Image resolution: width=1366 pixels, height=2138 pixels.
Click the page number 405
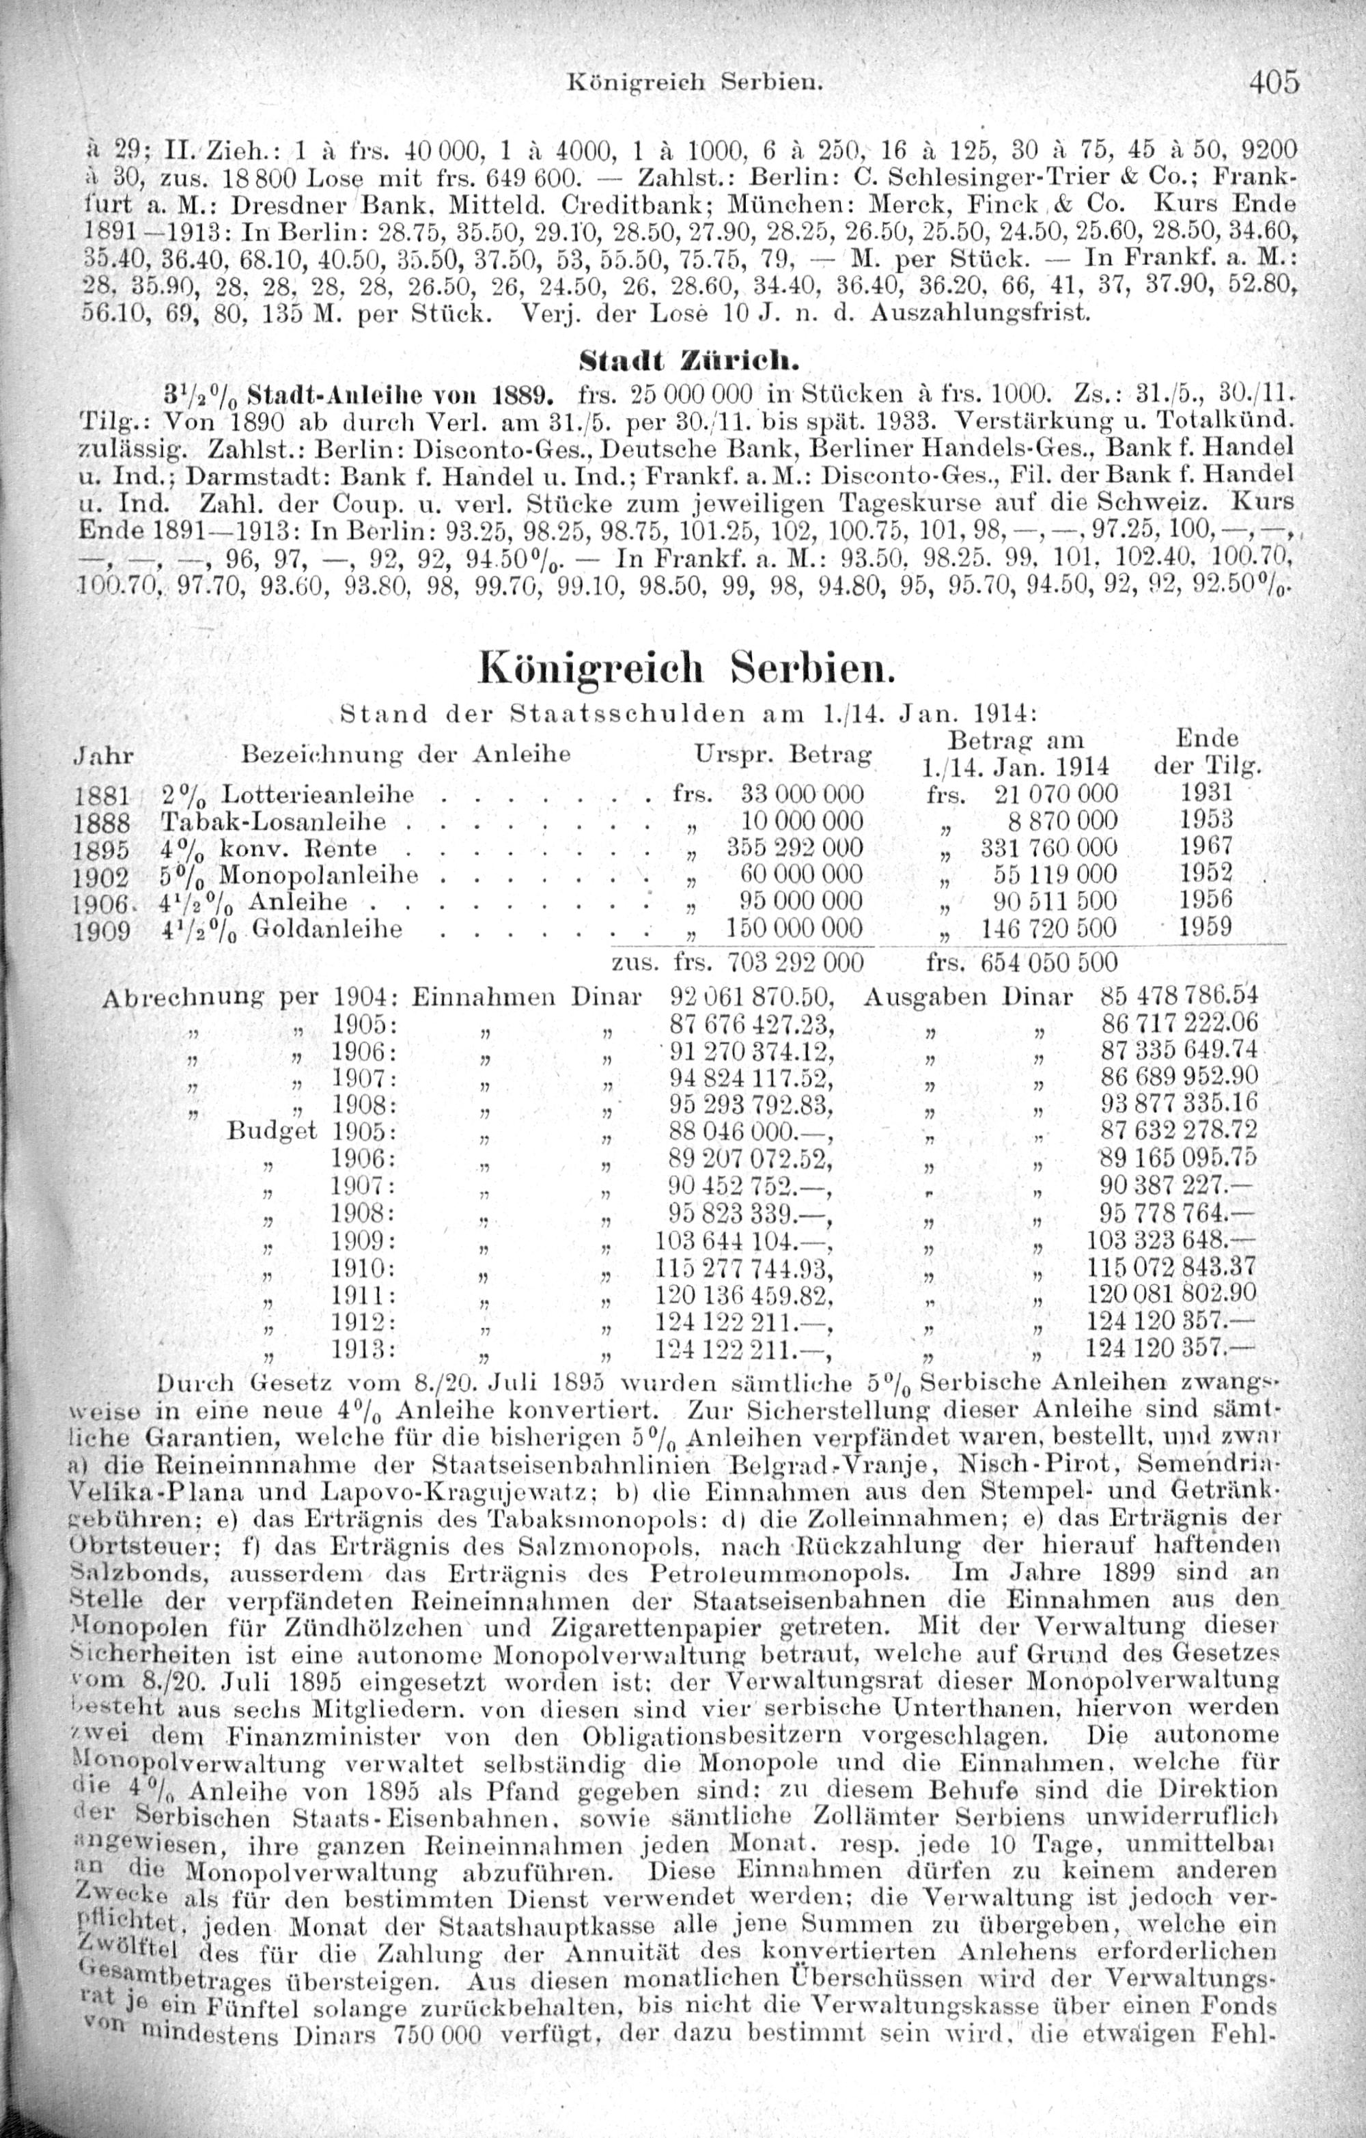(x=1274, y=82)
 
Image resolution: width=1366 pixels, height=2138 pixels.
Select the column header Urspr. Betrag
(x=781, y=755)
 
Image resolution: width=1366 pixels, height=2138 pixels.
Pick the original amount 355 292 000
(x=794, y=848)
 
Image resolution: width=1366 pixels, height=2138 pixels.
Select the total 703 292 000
(x=794, y=962)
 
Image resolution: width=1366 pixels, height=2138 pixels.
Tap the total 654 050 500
(x=1049, y=962)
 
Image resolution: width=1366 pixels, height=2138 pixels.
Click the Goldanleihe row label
(x=328, y=930)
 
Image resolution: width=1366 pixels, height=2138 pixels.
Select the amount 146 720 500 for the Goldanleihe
(x=1049, y=930)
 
